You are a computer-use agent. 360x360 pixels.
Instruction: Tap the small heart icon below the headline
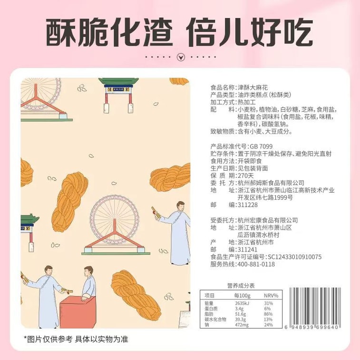(x=180, y=57)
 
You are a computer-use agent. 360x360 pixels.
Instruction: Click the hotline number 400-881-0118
(x=256, y=264)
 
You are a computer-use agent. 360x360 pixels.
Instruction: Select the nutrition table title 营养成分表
(x=241, y=285)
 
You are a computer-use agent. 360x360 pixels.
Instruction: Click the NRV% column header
(x=271, y=295)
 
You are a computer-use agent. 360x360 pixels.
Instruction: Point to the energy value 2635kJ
(x=243, y=303)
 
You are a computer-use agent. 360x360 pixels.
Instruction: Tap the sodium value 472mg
(x=242, y=325)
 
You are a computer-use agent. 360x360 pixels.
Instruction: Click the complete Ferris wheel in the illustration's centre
(x=115, y=224)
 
